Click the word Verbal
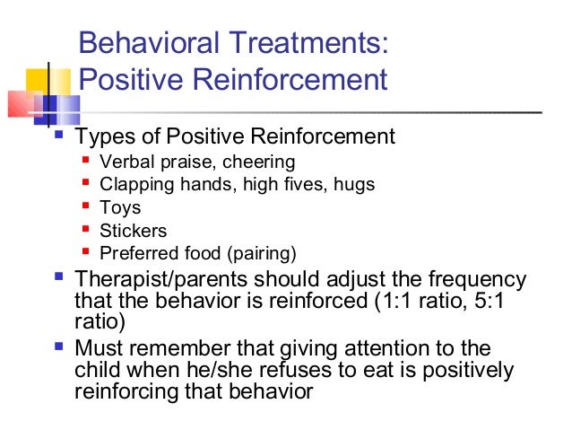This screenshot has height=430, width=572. click(x=125, y=162)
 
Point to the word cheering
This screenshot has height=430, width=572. click(x=260, y=162)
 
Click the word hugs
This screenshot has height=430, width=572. click(x=354, y=185)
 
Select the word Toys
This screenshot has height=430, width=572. click(x=119, y=207)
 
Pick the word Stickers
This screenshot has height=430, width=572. click(x=133, y=230)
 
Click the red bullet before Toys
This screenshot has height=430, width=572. click(x=86, y=206)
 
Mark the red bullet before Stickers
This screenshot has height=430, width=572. click(x=86, y=229)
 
